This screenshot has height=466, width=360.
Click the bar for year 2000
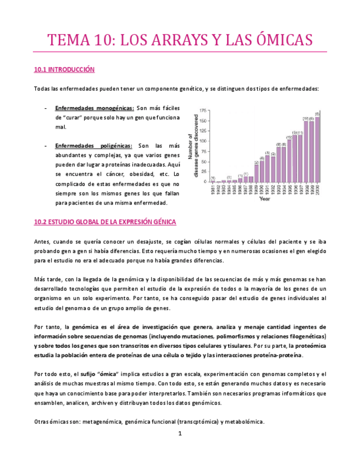[x=317, y=149]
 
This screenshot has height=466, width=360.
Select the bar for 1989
[x=257, y=173]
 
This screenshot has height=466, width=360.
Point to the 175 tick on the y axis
[x=203, y=110]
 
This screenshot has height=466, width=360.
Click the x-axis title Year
[x=265, y=199]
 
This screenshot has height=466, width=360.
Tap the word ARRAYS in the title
[x=165, y=40]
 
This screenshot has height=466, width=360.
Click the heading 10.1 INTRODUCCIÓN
[x=64, y=70]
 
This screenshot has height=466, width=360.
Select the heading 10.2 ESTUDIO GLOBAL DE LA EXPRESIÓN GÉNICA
[x=105, y=222]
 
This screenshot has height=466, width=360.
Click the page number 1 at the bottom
[x=180, y=434]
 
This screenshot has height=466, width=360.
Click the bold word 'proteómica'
[x=310, y=346]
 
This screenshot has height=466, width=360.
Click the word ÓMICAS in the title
[x=277, y=40]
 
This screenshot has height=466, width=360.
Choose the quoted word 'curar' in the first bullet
[x=75, y=118]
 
